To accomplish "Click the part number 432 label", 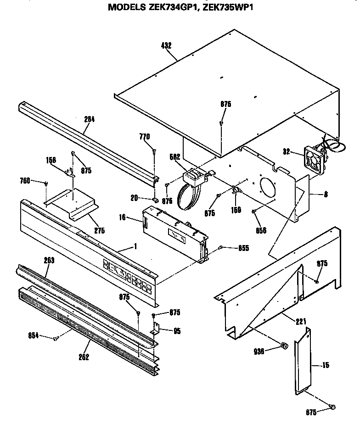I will [x=166, y=45].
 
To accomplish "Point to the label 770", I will [x=145, y=137].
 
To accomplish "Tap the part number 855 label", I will [x=244, y=248].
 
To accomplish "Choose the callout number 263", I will [x=49, y=260].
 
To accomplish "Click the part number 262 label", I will [x=83, y=357].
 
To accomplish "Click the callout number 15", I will [x=326, y=366].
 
